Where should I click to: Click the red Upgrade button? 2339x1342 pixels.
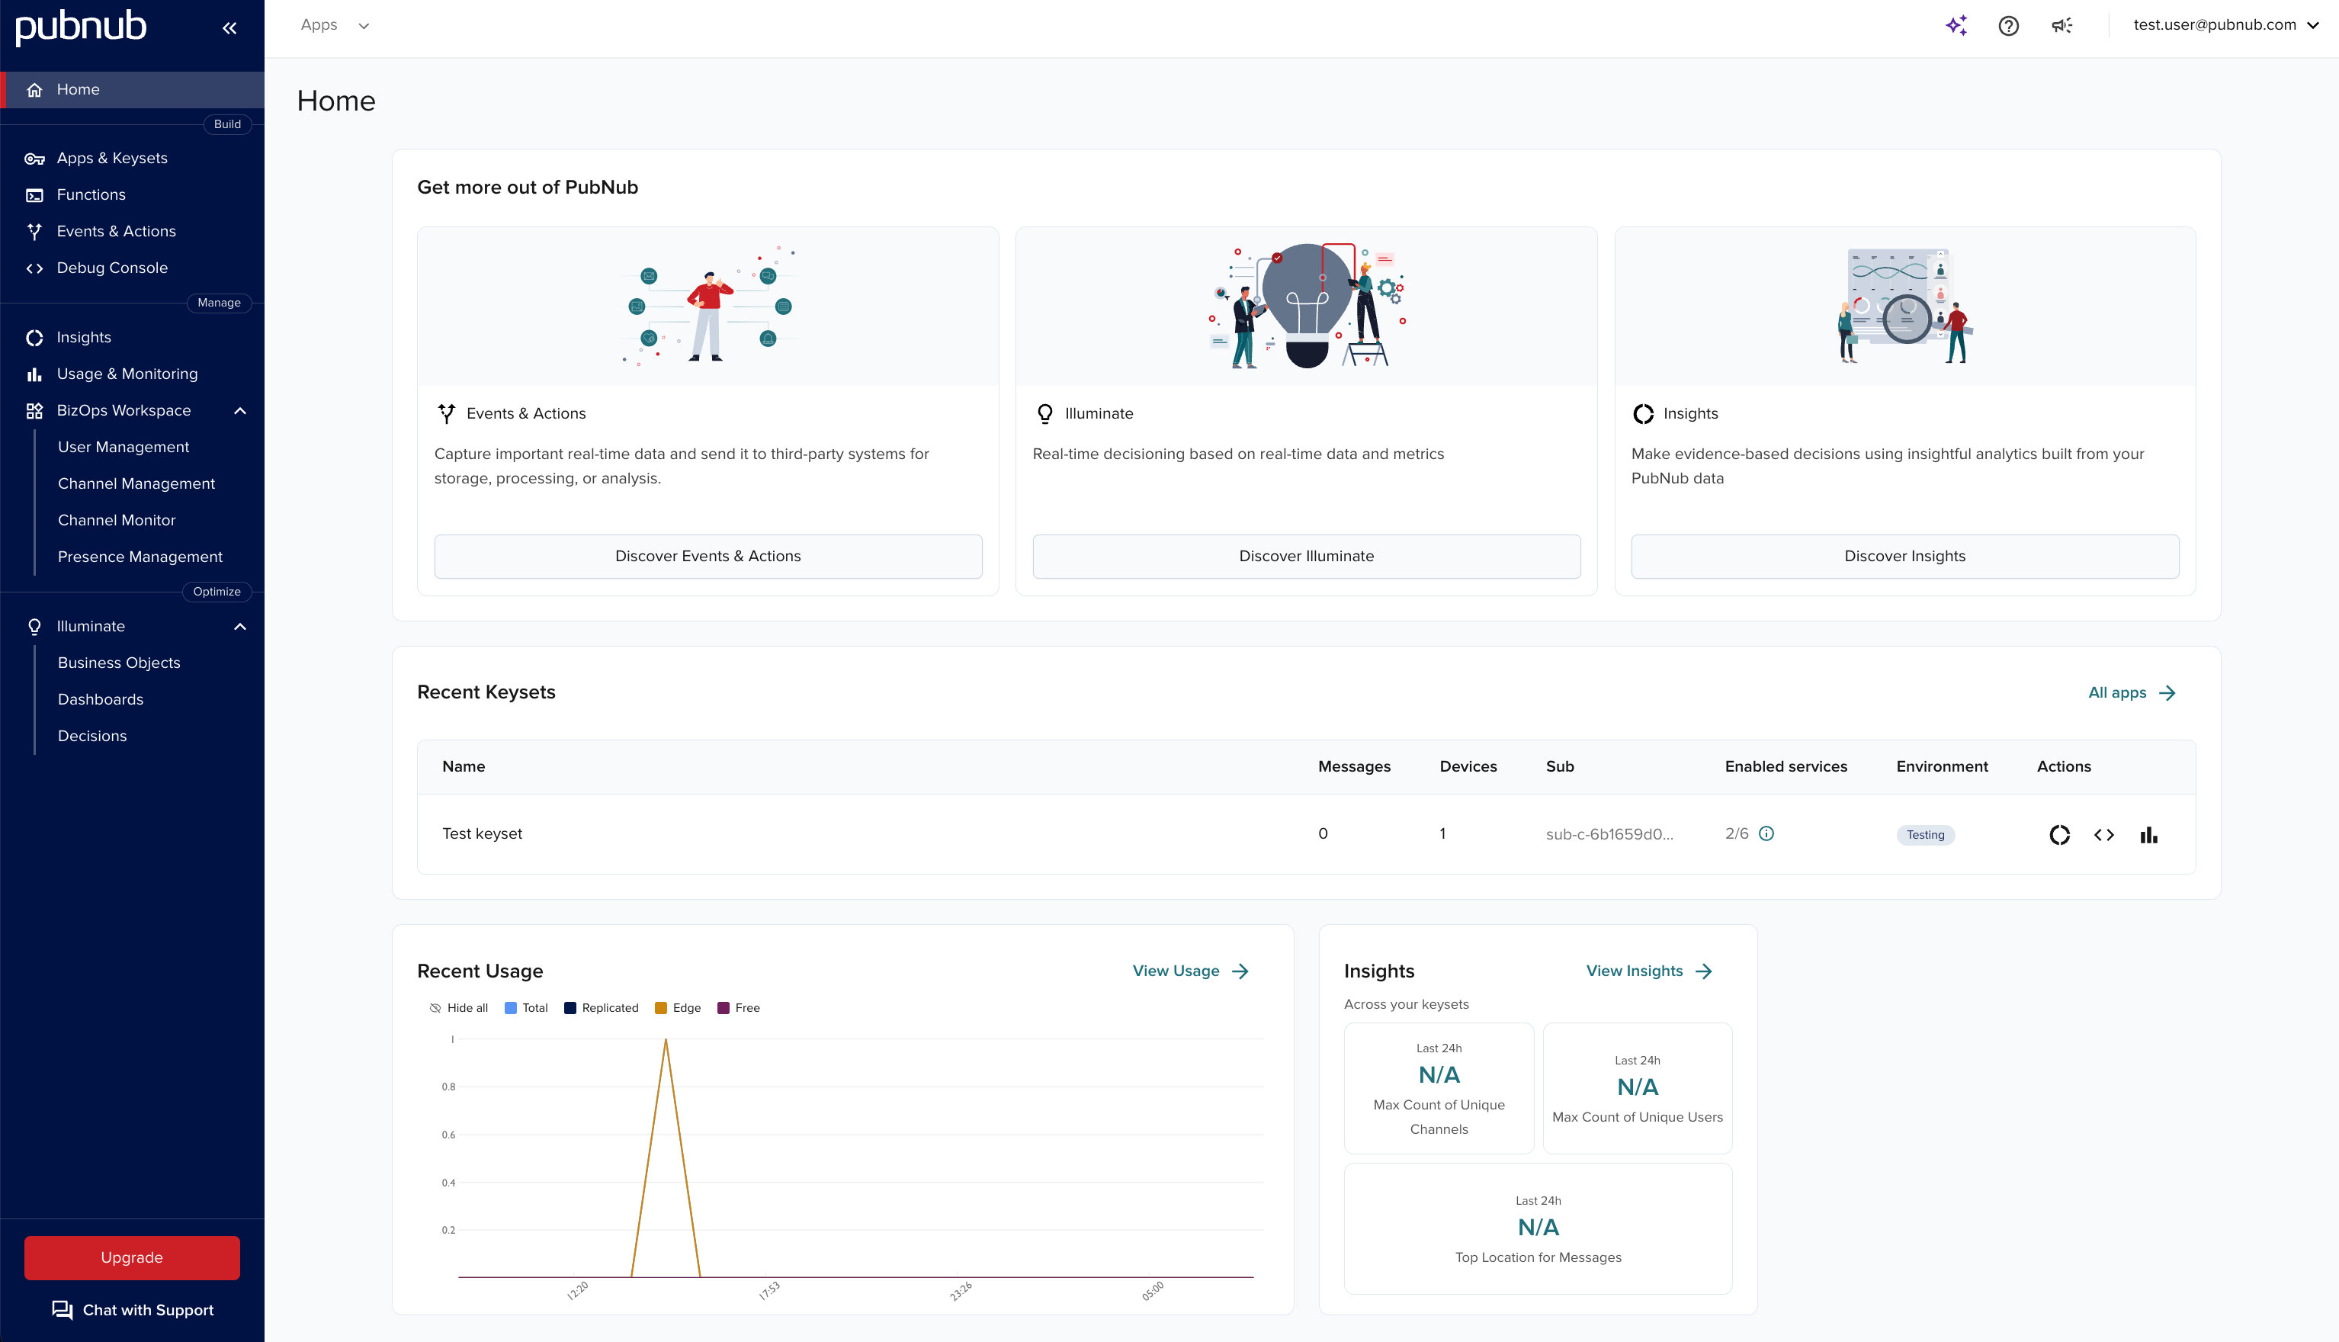[x=132, y=1257]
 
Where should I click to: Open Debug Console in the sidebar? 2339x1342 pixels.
[x=111, y=268]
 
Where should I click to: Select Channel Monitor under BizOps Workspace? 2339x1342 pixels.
[x=116, y=520]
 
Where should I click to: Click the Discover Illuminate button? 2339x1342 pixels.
[x=1306, y=556]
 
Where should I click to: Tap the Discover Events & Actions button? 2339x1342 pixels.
[x=707, y=556]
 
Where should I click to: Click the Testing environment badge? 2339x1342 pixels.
[x=1924, y=834]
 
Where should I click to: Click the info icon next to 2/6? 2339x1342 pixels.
[x=1766, y=833]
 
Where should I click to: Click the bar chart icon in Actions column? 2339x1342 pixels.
[x=2148, y=834]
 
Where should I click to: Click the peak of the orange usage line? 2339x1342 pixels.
[x=666, y=1041]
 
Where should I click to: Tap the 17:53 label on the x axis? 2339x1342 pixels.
[x=768, y=1290]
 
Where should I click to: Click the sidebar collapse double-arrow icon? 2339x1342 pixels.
[x=229, y=27]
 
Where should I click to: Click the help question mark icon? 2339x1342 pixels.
[x=2008, y=26]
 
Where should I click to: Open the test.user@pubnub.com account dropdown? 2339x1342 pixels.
[x=2225, y=25]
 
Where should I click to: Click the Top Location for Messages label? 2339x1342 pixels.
[x=1537, y=1257]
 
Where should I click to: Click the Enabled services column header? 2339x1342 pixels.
[x=1785, y=766]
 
